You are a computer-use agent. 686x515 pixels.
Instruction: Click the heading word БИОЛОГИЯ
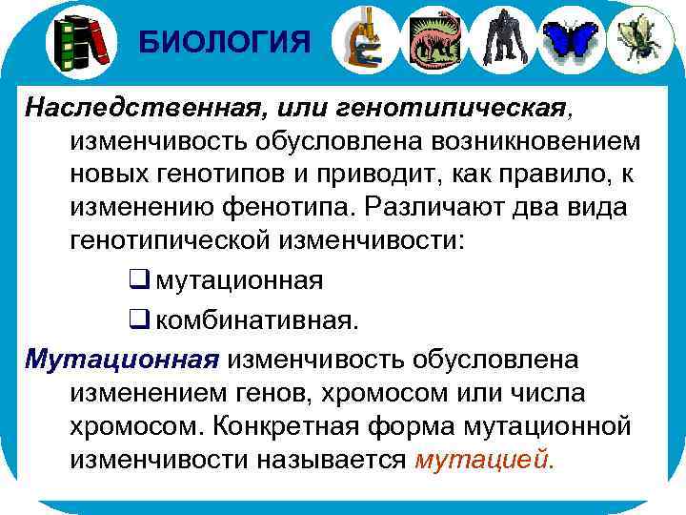(224, 42)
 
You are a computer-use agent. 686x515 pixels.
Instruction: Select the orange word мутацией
(484, 459)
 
